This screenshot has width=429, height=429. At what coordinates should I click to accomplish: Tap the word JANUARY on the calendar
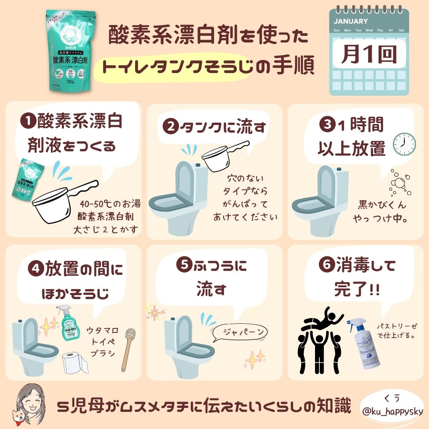tap(351, 21)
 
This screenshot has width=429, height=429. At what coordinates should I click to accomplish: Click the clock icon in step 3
tap(404, 143)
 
